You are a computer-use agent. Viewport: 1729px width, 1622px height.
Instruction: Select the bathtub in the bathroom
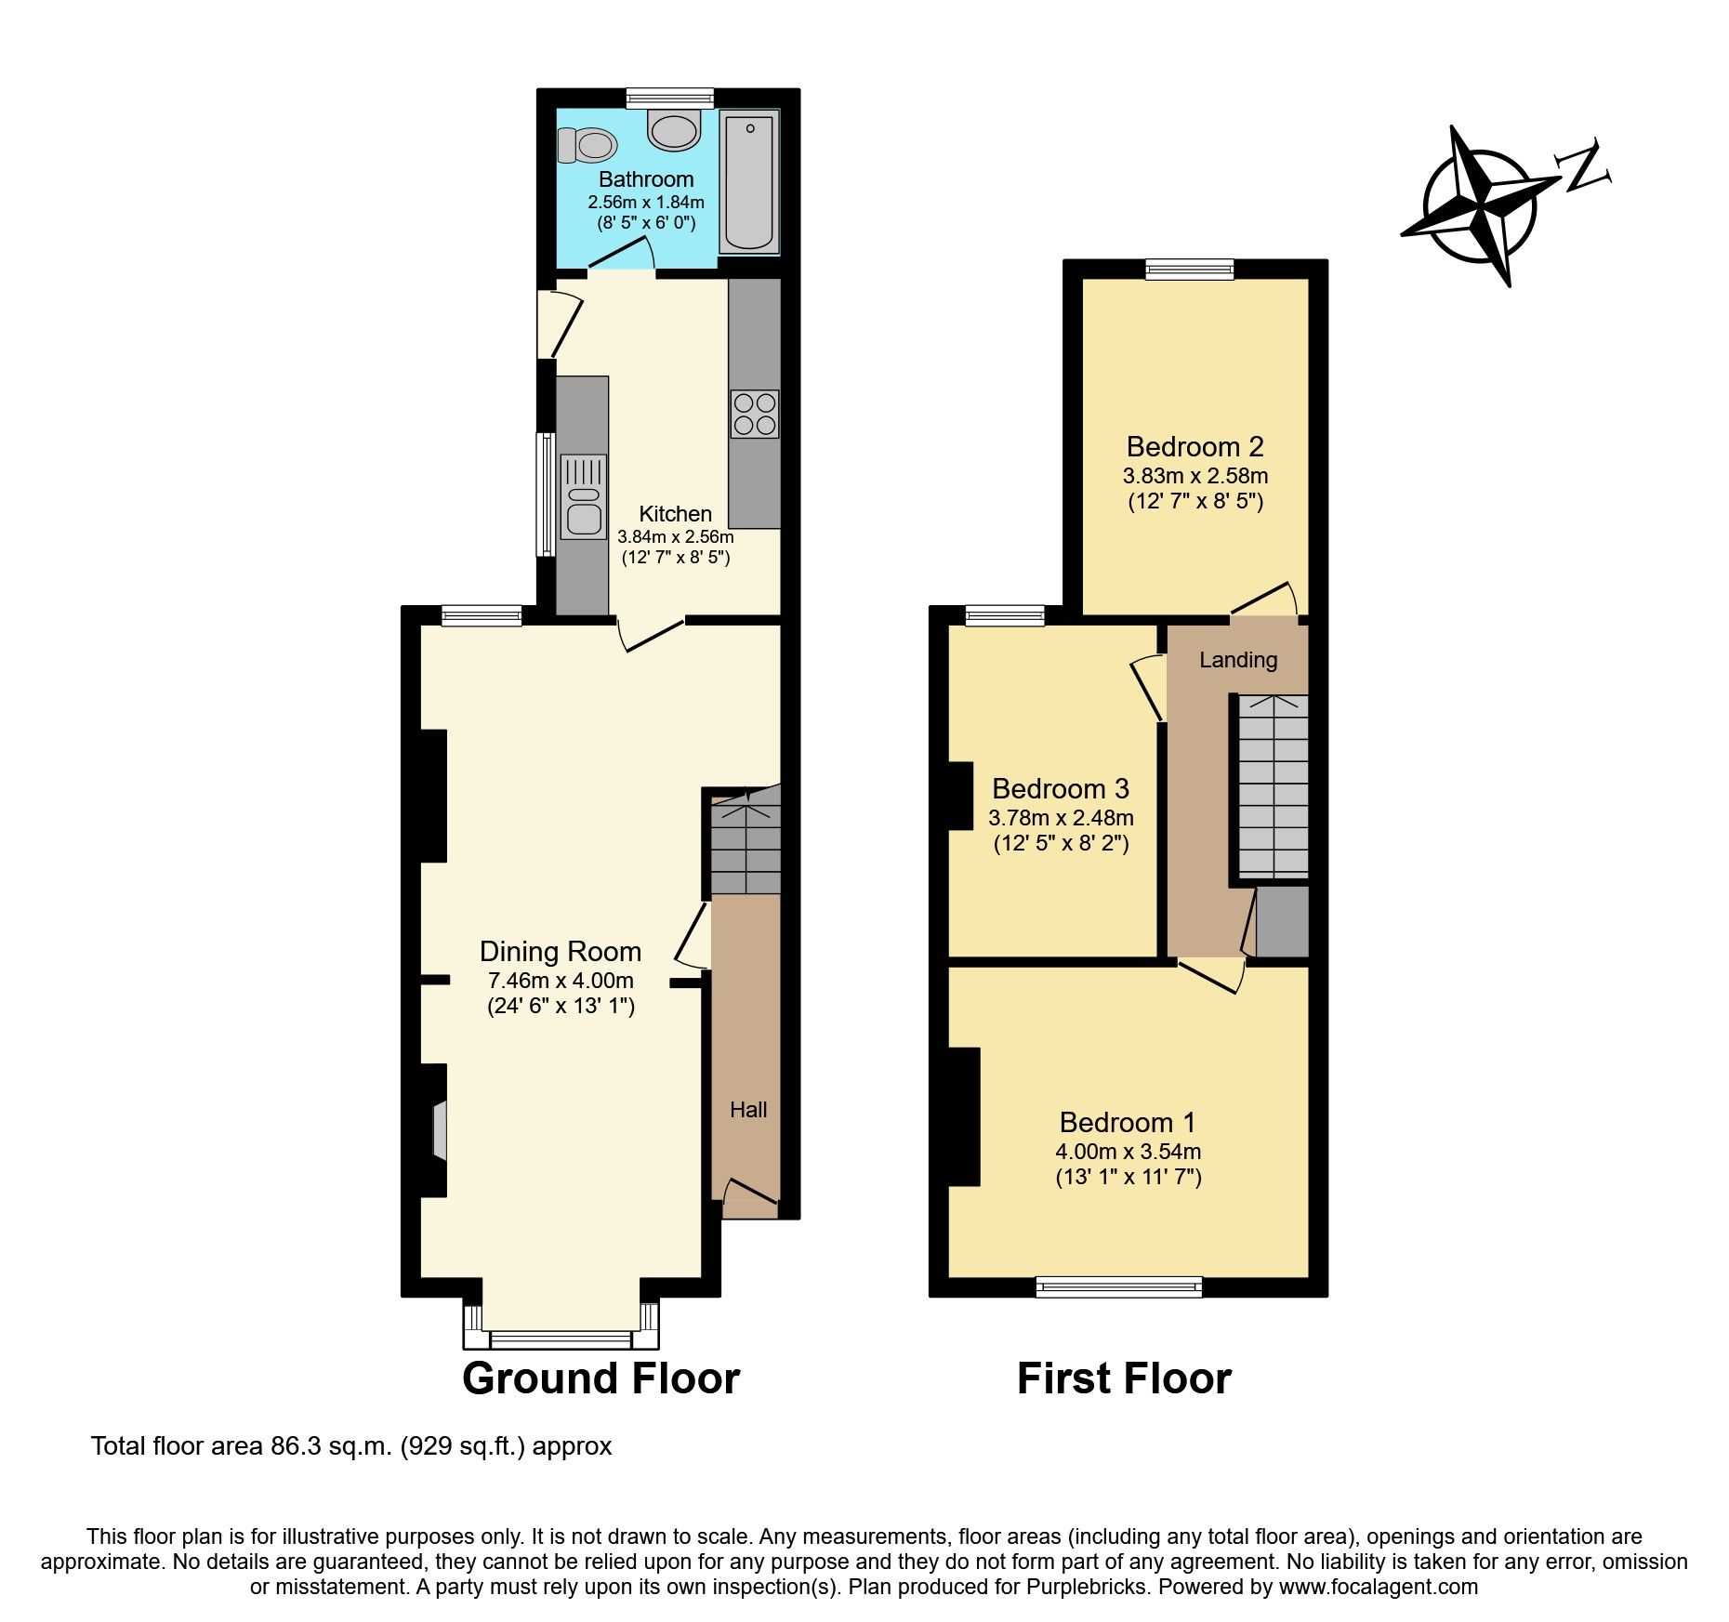(x=749, y=182)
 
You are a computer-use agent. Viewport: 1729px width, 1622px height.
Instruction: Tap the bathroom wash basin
(x=674, y=130)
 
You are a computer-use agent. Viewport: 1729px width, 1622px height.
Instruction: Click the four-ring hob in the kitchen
(x=754, y=415)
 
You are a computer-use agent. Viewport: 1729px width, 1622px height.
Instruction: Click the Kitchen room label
(x=675, y=514)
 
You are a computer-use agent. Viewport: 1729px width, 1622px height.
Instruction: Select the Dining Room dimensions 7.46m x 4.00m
(x=561, y=980)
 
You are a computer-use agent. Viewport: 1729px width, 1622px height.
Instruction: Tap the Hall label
(x=748, y=1109)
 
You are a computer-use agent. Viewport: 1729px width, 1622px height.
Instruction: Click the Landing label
(x=1238, y=660)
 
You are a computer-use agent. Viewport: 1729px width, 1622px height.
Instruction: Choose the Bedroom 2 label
(x=1194, y=447)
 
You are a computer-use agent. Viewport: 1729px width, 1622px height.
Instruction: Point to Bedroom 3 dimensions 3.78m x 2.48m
(x=1060, y=819)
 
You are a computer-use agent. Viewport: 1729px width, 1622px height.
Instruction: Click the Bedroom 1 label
(x=1127, y=1123)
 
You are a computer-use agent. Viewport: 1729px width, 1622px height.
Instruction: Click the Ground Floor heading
(x=601, y=1378)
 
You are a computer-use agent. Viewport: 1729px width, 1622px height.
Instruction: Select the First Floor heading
(x=1123, y=1378)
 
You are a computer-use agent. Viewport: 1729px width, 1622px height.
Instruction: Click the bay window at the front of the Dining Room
(x=561, y=1338)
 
